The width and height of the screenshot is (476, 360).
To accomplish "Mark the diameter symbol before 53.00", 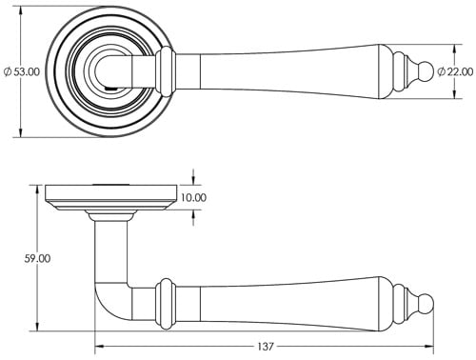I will point(9,71).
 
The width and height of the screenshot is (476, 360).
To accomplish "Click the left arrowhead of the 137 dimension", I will point(98,347).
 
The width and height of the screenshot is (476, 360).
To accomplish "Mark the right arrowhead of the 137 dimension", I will point(430,347).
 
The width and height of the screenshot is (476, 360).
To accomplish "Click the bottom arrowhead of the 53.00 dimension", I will point(21,132).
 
